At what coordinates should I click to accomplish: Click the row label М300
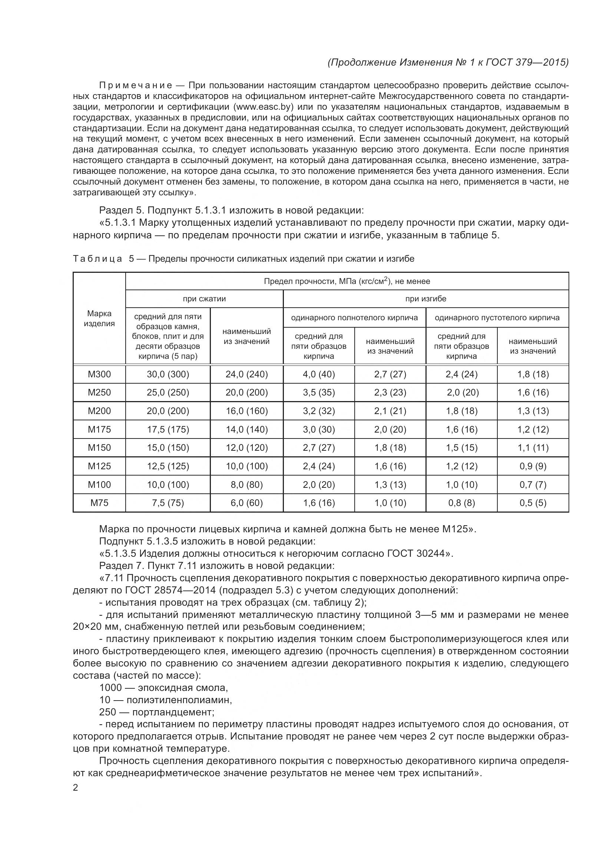click(99, 374)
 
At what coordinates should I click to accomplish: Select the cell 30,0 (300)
click(168, 374)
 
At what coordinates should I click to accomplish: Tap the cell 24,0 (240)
click(246, 374)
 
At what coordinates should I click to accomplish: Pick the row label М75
click(99, 503)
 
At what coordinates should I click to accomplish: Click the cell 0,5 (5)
click(533, 503)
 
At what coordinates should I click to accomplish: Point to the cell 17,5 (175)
click(168, 429)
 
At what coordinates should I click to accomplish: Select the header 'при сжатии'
click(204, 299)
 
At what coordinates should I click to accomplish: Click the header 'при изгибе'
click(425, 299)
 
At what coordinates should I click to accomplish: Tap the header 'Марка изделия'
click(99, 318)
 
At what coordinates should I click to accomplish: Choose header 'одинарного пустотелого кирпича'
click(497, 318)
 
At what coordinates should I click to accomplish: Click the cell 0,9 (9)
click(533, 466)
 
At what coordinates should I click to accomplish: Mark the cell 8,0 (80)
click(246, 484)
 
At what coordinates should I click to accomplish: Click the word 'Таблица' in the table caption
click(97, 259)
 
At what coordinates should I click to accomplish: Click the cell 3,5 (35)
click(319, 392)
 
